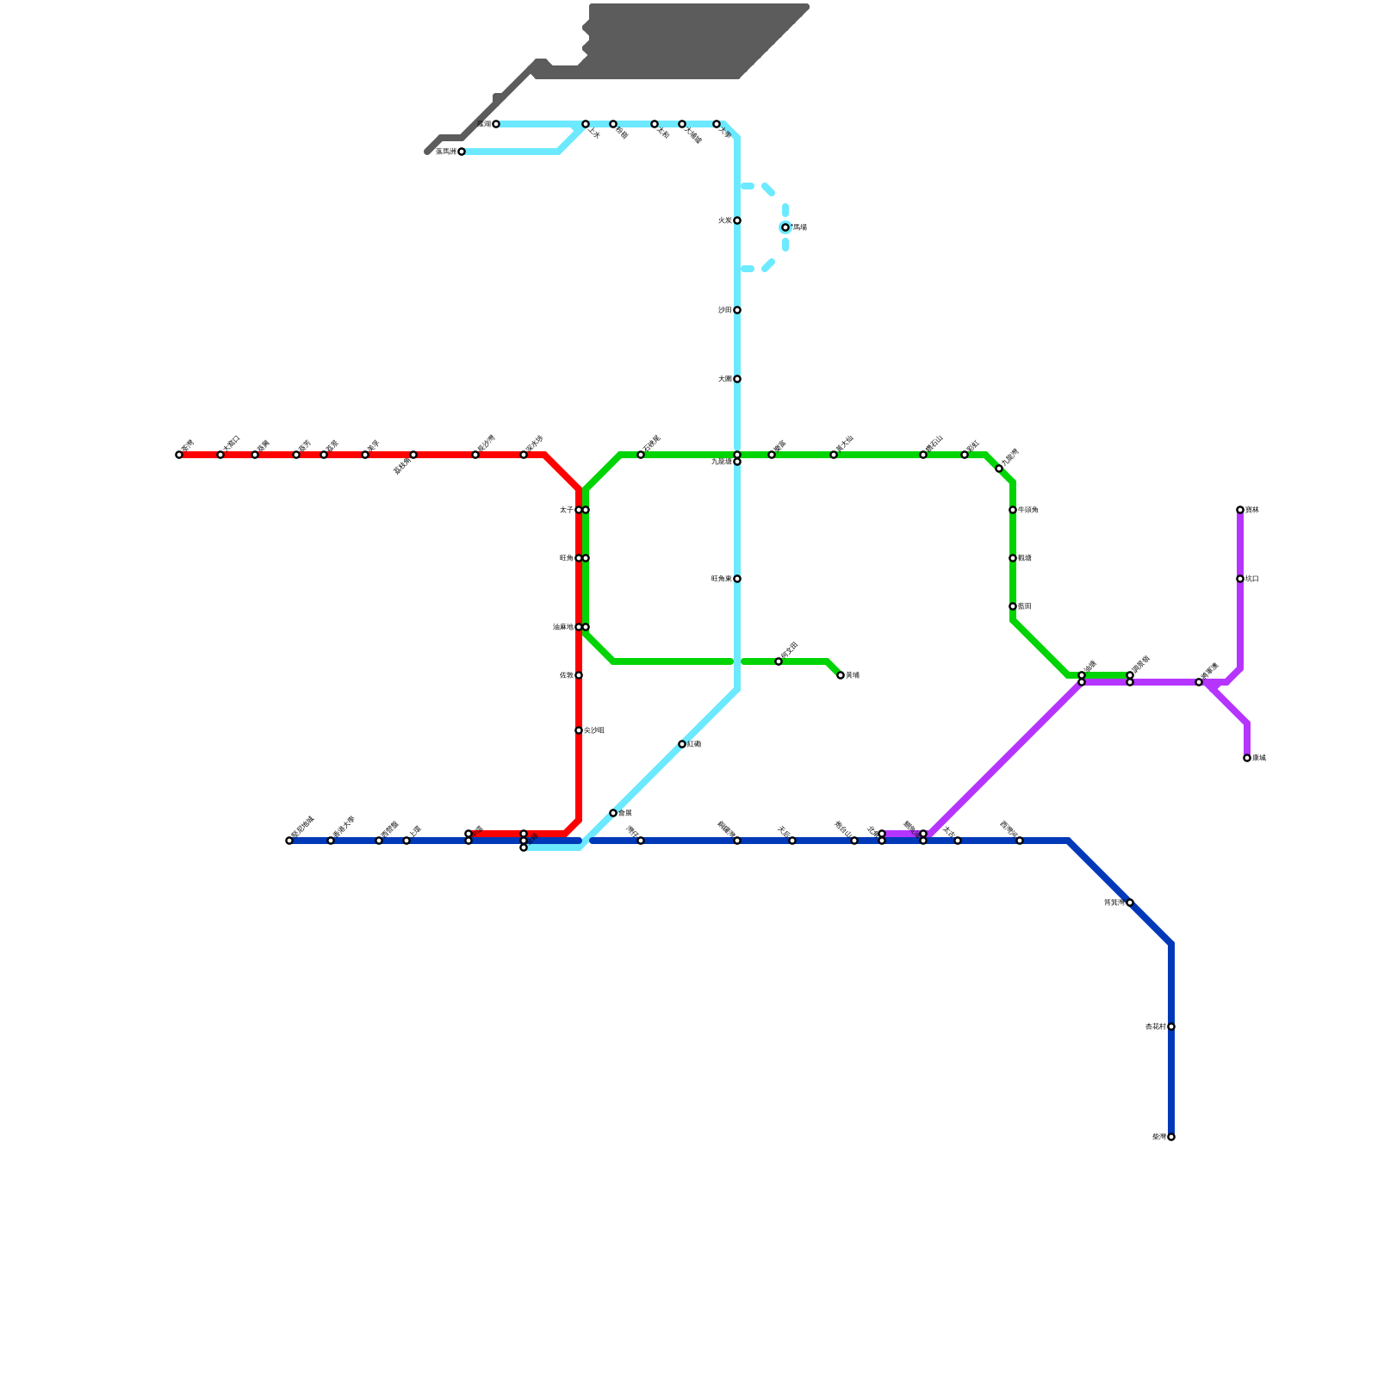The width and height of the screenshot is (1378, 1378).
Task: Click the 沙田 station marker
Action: click(x=737, y=310)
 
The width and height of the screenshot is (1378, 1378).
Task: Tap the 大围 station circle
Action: click(x=737, y=379)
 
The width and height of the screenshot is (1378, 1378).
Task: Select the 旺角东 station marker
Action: click(x=737, y=579)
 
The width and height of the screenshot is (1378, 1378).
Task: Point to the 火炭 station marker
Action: click(x=737, y=220)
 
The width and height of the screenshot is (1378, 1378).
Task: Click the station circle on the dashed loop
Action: click(x=785, y=227)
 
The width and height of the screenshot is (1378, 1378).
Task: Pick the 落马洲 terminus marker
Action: click(x=462, y=152)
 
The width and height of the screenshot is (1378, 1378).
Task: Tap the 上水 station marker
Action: click(x=586, y=124)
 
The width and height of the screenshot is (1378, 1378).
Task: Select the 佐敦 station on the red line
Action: click(x=579, y=675)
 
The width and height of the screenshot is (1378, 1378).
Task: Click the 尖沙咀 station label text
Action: click(x=594, y=730)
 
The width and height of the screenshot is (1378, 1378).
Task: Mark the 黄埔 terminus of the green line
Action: click(x=841, y=675)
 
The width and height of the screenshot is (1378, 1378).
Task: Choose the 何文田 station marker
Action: click(x=779, y=661)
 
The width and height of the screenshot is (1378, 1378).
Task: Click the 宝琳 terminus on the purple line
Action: click(x=1240, y=510)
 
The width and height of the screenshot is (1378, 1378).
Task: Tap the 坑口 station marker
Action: click(x=1240, y=579)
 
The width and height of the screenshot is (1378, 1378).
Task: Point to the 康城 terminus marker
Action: click(x=1247, y=758)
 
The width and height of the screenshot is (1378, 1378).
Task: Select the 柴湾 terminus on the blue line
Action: click(x=1171, y=1137)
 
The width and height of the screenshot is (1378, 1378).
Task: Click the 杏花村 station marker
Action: click(x=1171, y=1027)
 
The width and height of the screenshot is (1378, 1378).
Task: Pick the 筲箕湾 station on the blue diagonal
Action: click(x=1130, y=903)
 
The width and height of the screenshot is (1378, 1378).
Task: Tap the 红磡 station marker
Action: click(x=682, y=744)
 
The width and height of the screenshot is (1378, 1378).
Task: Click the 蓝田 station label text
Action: click(x=1025, y=606)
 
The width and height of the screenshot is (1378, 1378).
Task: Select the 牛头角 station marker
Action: click(x=1013, y=510)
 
